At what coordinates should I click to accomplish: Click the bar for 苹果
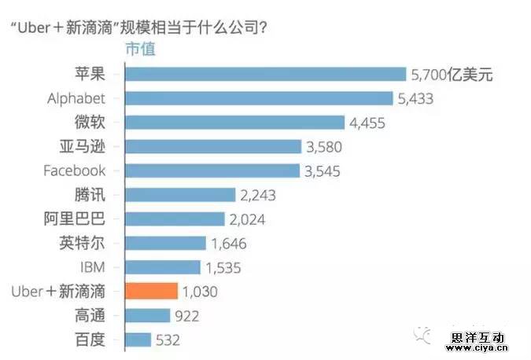(x=266, y=75)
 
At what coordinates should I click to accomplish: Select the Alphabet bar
(x=260, y=98)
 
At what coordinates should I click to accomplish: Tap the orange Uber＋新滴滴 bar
(x=152, y=291)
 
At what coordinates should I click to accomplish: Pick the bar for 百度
(x=138, y=340)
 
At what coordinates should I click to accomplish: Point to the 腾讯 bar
(x=181, y=195)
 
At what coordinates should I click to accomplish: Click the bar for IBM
(x=163, y=267)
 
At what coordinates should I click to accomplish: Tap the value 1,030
(x=200, y=292)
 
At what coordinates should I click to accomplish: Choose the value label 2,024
(x=250, y=219)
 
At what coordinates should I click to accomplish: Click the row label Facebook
(x=75, y=171)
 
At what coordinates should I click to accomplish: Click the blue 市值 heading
(x=141, y=49)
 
